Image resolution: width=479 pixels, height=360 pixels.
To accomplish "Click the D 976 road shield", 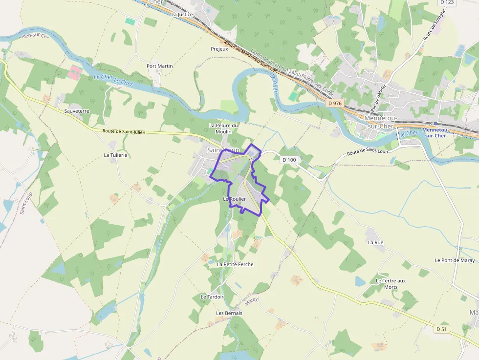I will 335,103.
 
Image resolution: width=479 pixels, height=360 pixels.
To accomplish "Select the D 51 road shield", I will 441,329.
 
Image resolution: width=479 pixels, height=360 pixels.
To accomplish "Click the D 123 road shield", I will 447,2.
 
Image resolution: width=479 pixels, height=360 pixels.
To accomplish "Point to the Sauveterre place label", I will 77,111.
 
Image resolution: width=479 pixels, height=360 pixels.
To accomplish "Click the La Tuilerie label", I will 115,155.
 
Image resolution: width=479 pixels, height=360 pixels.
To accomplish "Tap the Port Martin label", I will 160,66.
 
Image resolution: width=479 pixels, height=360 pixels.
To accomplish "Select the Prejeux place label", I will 219,49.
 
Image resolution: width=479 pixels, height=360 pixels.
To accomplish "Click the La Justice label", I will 182,15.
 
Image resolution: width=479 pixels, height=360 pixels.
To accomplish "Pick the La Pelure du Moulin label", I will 224,128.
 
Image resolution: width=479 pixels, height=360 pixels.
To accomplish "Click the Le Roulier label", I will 234,199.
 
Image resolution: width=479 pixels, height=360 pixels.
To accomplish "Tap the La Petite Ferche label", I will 235,264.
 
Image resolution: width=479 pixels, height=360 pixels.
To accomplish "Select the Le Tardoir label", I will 212,297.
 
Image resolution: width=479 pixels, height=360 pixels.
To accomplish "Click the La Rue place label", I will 375,242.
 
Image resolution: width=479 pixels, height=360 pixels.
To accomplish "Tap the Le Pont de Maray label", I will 455,260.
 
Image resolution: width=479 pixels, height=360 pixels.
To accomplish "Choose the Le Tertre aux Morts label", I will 391,284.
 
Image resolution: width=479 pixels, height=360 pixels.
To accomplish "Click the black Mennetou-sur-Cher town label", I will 379,122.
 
